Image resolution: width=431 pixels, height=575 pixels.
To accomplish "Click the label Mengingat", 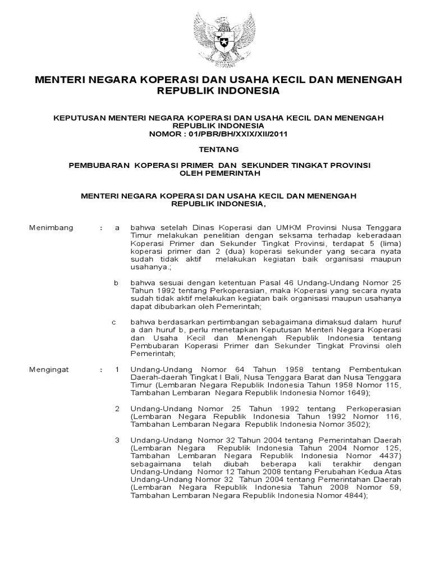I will point(51,369).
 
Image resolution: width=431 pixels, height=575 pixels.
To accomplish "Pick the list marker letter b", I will point(117,283).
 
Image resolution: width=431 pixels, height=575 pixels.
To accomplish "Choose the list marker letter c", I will point(114,322).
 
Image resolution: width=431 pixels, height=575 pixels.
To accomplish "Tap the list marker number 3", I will point(117,440).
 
